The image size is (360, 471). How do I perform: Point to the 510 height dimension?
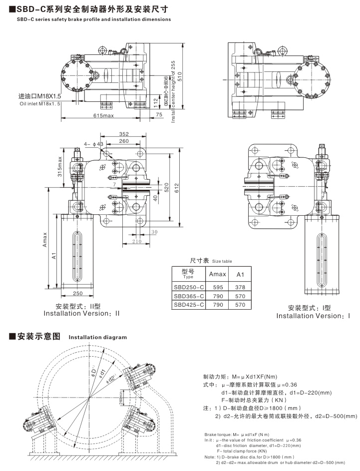click(179, 75)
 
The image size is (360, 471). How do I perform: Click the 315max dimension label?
click(59, 167)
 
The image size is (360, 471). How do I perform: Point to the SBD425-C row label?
click(189, 304)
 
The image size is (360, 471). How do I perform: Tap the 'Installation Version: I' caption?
click(313, 316)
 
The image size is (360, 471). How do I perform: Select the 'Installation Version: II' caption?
click(82, 313)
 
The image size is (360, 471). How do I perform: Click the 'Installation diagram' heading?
click(97, 337)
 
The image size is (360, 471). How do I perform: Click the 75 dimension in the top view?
click(159, 115)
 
